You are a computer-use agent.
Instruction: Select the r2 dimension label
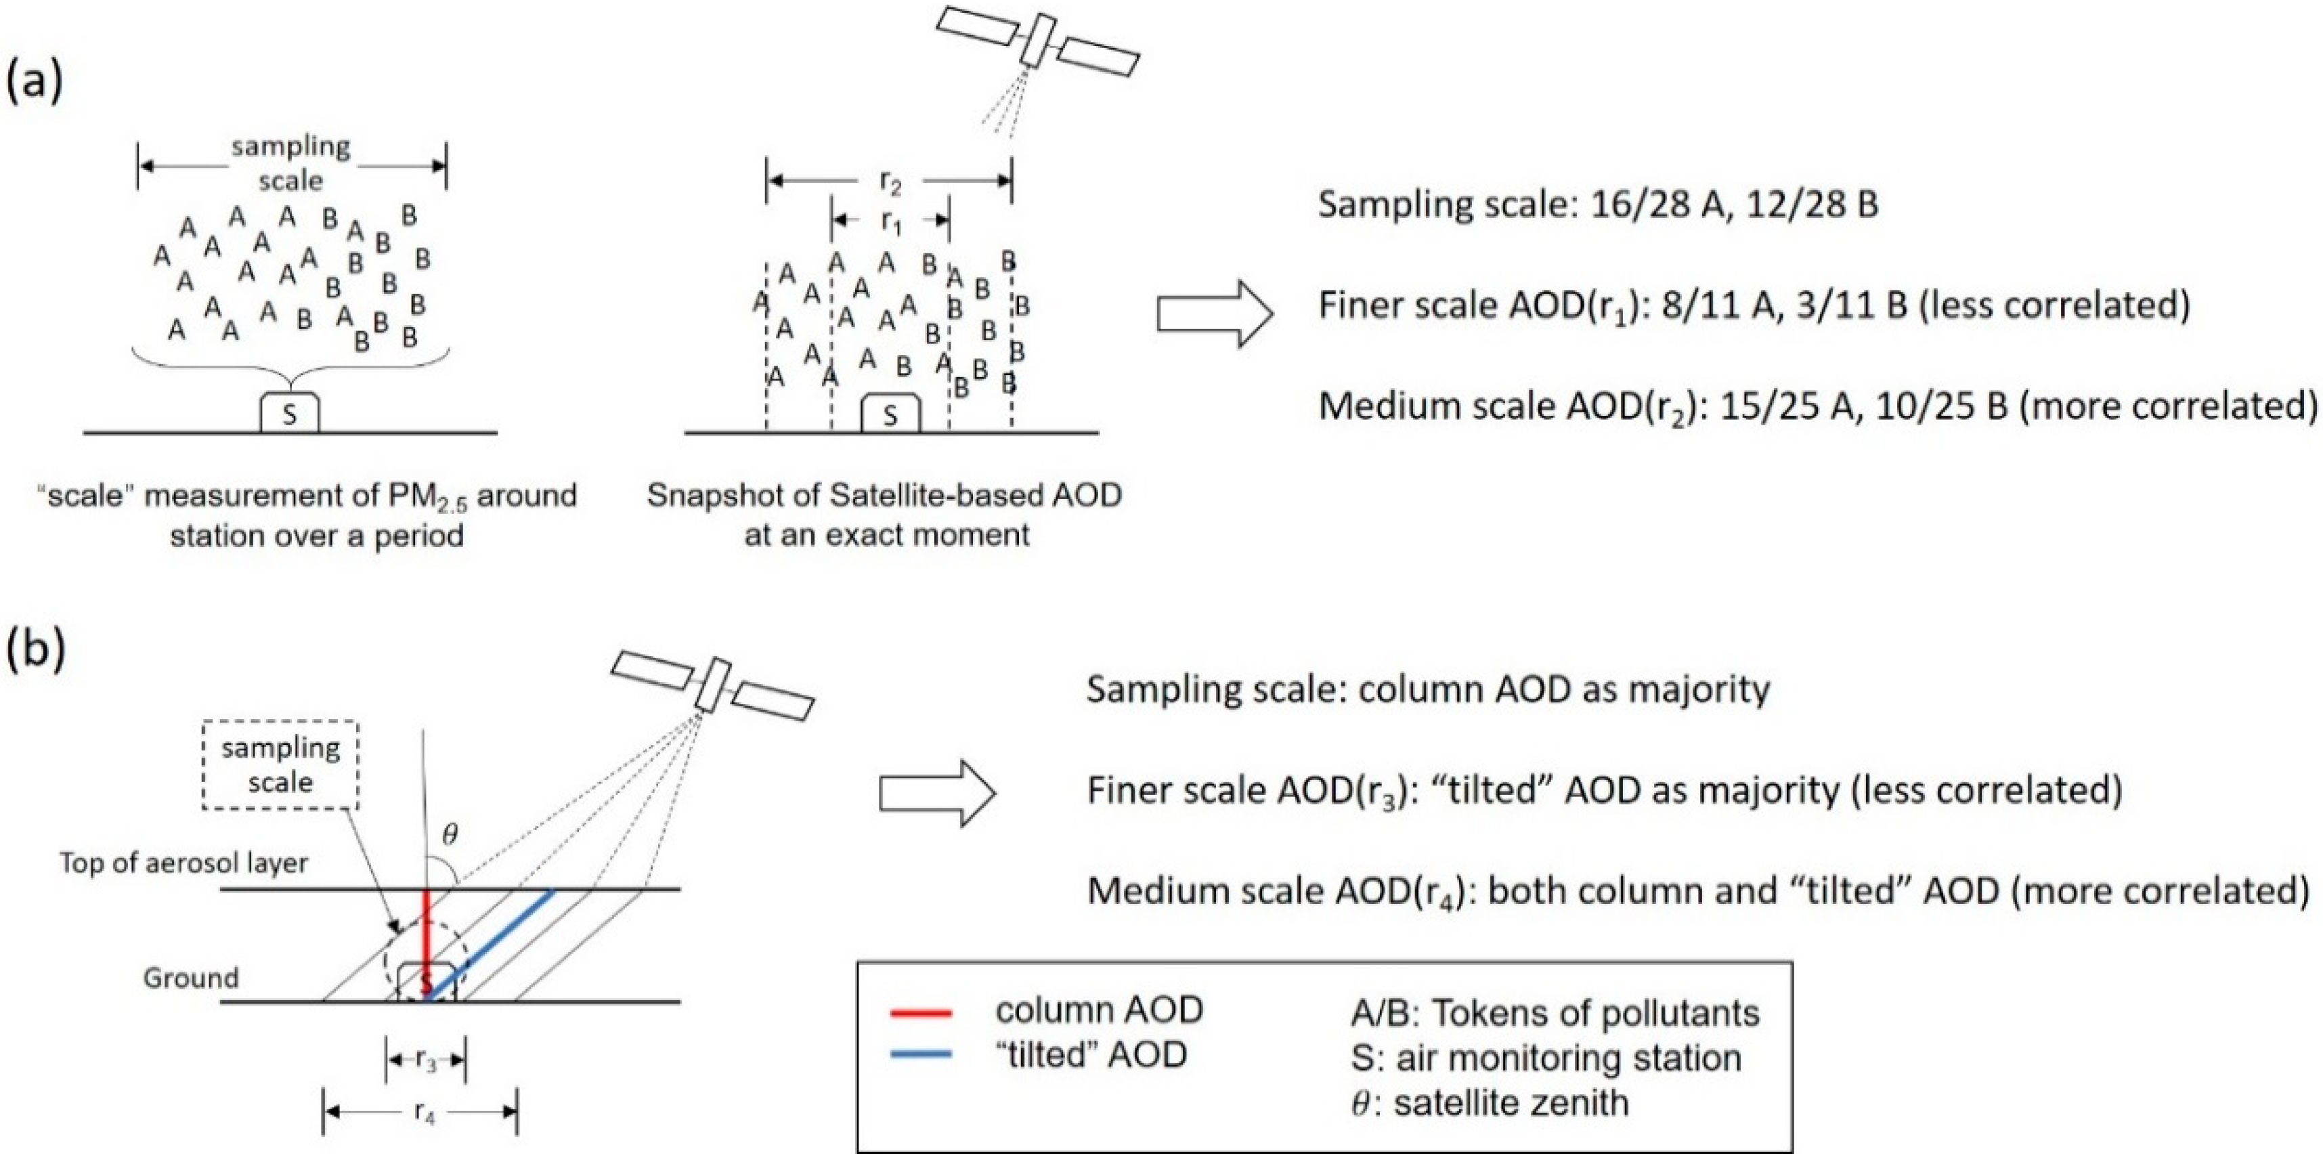[890, 183]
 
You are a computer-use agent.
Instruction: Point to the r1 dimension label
[890, 222]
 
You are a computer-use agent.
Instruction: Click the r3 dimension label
[426, 1060]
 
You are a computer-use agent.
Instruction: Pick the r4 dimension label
[424, 1112]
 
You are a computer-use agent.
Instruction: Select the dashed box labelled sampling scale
[280, 764]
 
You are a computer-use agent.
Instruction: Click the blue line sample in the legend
[921, 1053]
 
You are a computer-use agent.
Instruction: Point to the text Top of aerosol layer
[184, 863]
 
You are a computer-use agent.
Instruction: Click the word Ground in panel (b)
[190, 978]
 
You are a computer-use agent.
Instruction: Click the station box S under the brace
[290, 414]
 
